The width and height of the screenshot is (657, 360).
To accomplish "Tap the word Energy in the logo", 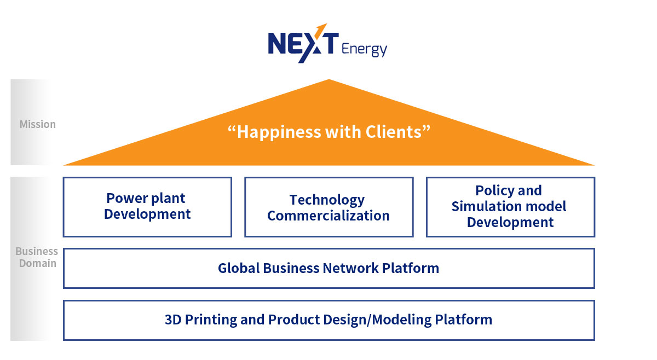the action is [x=364, y=49].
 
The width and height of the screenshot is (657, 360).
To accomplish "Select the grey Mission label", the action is [x=38, y=124].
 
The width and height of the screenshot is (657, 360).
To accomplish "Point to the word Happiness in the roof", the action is [x=279, y=132].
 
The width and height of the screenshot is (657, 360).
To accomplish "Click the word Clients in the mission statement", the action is [x=393, y=132].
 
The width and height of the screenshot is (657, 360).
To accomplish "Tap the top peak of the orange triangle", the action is [x=329, y=79].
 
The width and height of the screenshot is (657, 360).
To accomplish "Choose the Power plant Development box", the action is [x=147, y=207].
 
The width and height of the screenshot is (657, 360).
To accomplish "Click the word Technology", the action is [x=327, y=200].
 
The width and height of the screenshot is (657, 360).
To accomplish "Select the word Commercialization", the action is [x=328, y=216].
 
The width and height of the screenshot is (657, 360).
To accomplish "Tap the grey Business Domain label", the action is [x=37, y=257].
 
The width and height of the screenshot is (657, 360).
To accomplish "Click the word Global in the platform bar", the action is [x=239, y=268].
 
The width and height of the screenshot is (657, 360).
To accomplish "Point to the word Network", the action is [x=351, y=268].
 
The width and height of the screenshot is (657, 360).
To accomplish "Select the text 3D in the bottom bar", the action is [x=173, y=320].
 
